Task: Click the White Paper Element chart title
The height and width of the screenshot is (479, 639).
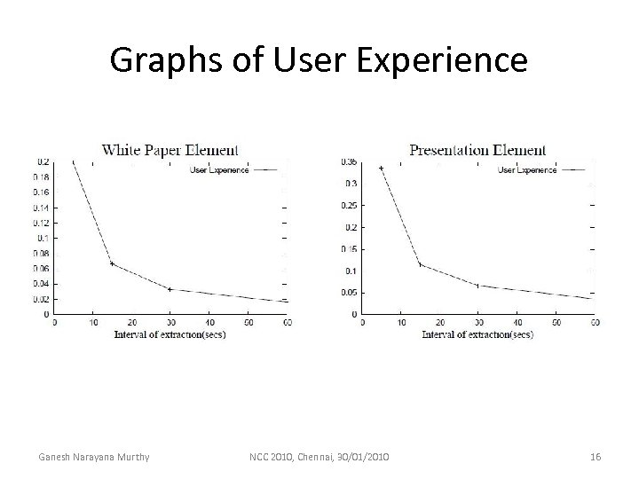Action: pyautogui.click(x=170, y=150)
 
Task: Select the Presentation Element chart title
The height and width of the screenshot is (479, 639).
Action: pyautogui.click(x=477, y=150)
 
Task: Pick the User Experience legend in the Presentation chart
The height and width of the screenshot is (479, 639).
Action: pyautogui.click(x=527, y=169)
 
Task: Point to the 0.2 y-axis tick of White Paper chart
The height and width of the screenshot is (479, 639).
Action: pyautogui.click(x=43, y=162)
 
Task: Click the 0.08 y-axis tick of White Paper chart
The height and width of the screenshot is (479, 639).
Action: pyautogui.click(x=42, y=254)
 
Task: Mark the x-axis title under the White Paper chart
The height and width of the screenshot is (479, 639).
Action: pyautogui.click(x=170, y=334)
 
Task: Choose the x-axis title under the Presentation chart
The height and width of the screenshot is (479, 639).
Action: pyautogui.click(x=477, y=334)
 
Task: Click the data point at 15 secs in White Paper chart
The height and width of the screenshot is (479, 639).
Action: pyautogui.click(x=112, y=263)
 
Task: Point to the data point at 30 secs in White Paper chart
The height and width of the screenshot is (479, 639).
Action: pyautogui.click(x=170, y=289)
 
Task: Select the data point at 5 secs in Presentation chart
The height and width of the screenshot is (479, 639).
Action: pyautogui.click(x=382, y=169)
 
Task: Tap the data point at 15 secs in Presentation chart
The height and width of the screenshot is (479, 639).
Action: pyautogui.click(x=420, y=264)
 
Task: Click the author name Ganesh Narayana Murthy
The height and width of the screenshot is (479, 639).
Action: pyautogui.click(x=93, y=457)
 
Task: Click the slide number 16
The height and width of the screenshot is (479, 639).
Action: pyautogui.click(x=596, y=457)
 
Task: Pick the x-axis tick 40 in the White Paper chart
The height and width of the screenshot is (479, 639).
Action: pyautogui.click(x=209, y=322)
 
